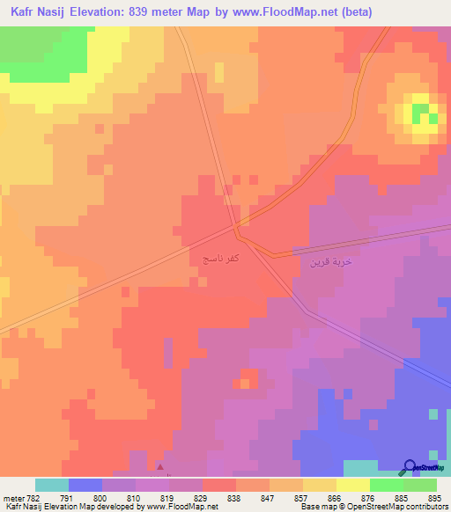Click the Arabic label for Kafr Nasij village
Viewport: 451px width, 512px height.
click(x=216, y=261)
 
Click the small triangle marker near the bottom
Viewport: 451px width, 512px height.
click(x=159, y=467)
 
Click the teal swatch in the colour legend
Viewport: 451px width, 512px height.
click(x=51, y=485)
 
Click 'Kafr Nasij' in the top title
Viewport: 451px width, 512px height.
click(x=41, y=12)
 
